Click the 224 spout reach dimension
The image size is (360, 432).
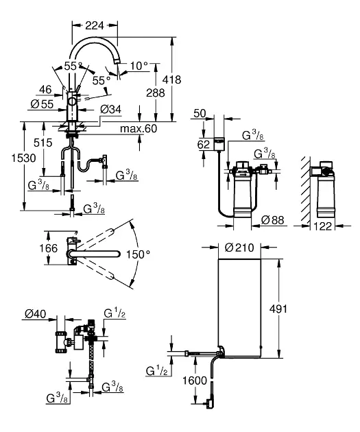(x=95, y=25)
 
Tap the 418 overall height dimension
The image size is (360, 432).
(x=171, y=80)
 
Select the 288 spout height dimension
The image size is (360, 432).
(x=156, y=93)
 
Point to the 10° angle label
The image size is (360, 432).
(x=139, y=66)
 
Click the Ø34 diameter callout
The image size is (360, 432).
(x=110, y=110)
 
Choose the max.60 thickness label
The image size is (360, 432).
(x=139, y=128)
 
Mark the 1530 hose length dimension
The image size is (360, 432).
(x=24, y=158)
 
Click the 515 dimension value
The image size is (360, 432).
(x=43, y=143)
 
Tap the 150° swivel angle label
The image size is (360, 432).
(x=138, y=254)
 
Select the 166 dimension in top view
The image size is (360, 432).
(x=49, y=248)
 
